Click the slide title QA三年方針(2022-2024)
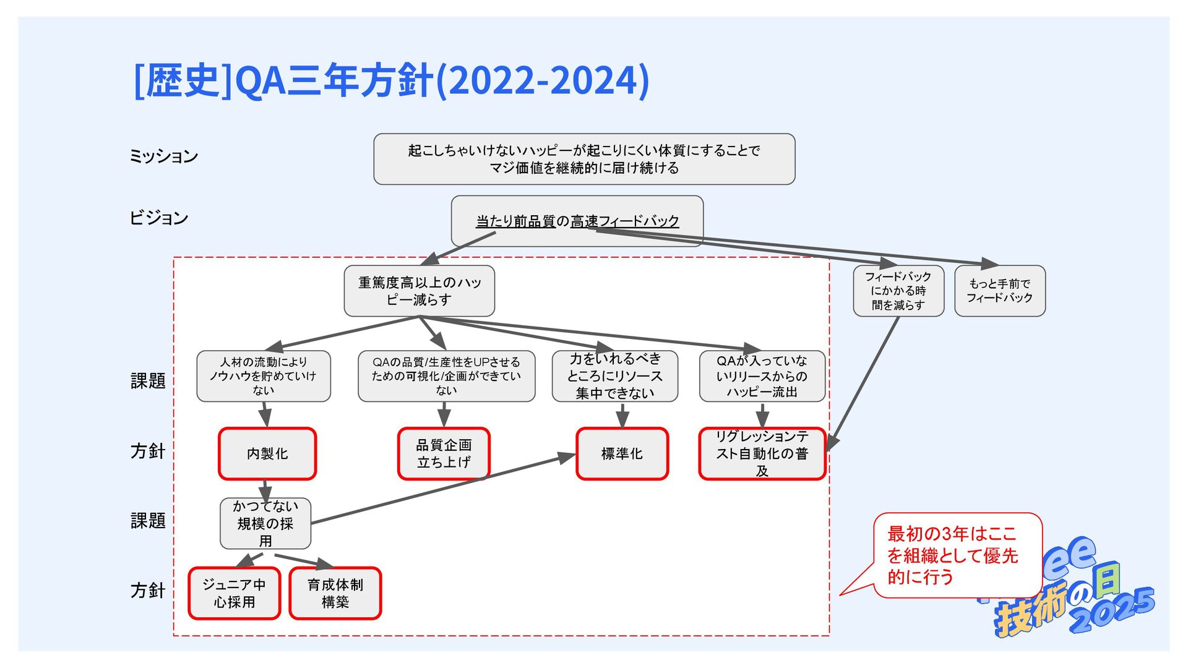[391, 80]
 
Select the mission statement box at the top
[583, 159]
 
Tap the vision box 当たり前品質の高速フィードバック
[577, 221]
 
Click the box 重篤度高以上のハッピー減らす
[419, 291]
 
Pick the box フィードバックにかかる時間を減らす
[898, 291]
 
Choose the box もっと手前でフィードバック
[999, 291]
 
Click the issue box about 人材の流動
[263, 376]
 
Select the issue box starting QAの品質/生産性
[445, 376]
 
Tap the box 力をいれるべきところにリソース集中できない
[614, 376]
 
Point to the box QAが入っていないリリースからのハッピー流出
[762, 376]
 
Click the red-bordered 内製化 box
[267, 453]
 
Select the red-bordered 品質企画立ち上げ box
[444, 453]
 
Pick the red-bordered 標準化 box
[622, 453]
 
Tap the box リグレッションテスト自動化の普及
[762, 453]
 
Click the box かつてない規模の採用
[265, 523]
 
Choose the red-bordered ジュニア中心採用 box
[234, 593]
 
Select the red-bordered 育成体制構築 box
[335, 593]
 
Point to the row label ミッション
[163, 156]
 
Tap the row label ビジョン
[158, 218]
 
